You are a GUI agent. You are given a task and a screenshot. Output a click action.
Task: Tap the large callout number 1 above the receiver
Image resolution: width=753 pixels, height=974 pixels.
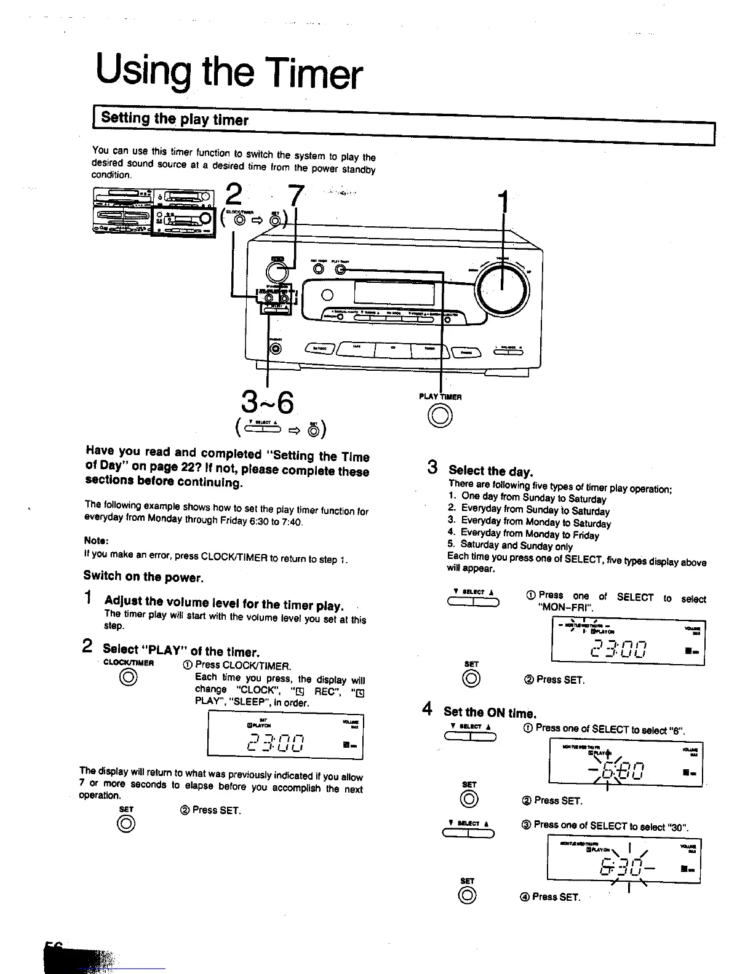pyautogui.click(x=504, y=203)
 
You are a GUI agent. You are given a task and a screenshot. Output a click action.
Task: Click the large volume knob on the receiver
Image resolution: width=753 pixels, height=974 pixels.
pyautogui.click(x=503, y=288)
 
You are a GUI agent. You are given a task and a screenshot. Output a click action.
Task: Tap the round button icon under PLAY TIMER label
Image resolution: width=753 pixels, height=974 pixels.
pyautogui.click(x=440, y=417)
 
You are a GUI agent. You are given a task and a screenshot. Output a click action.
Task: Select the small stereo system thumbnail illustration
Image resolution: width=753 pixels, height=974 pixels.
pyautogui.click(x=154, y=212)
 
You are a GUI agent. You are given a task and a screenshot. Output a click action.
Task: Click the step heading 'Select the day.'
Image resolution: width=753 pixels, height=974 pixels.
pyautogui.click(x=490, y=472)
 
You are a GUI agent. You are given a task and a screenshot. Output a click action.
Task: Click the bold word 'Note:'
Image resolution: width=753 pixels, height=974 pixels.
pyautogui.click(x=96, y=540)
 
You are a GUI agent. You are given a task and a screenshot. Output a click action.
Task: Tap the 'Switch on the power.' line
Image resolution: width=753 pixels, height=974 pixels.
pyautogui.click(x=143, y=577)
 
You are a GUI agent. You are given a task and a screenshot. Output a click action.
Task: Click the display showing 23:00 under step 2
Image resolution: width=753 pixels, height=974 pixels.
pyautogui.click(x=286, y=735)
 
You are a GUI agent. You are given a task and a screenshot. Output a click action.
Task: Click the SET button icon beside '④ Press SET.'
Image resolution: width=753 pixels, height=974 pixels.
pyautogui.click(x=467, y=896)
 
